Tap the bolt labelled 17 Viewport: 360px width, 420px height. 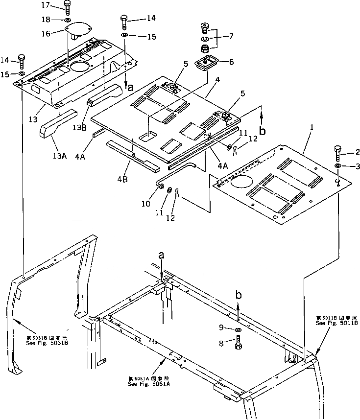coord(67,7)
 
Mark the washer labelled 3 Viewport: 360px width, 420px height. coord(337,167)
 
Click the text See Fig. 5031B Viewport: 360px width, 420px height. coord(47,343)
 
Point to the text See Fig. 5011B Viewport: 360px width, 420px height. coord(337,324)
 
